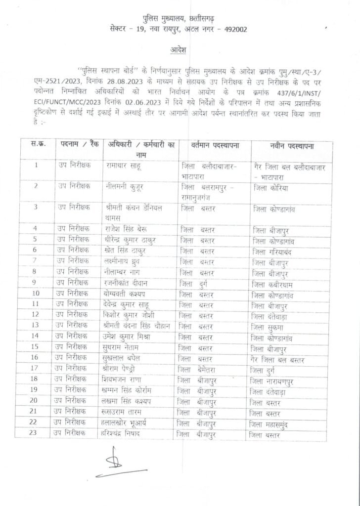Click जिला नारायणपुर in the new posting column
[x=275, y=381]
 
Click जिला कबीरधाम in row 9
[x=275, y=284]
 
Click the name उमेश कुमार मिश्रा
[x=128, y=337]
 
